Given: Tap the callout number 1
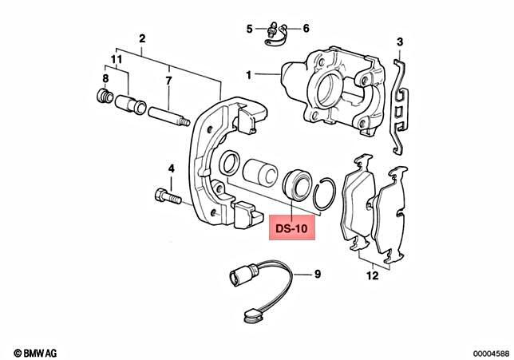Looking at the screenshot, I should [249, 74].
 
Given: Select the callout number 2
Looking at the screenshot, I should [142, 38].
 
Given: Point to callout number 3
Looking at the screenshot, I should [400, 42].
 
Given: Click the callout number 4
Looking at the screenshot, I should [249, 30].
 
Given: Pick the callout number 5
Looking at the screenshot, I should [306, 30].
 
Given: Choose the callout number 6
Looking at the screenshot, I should [168, 81].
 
